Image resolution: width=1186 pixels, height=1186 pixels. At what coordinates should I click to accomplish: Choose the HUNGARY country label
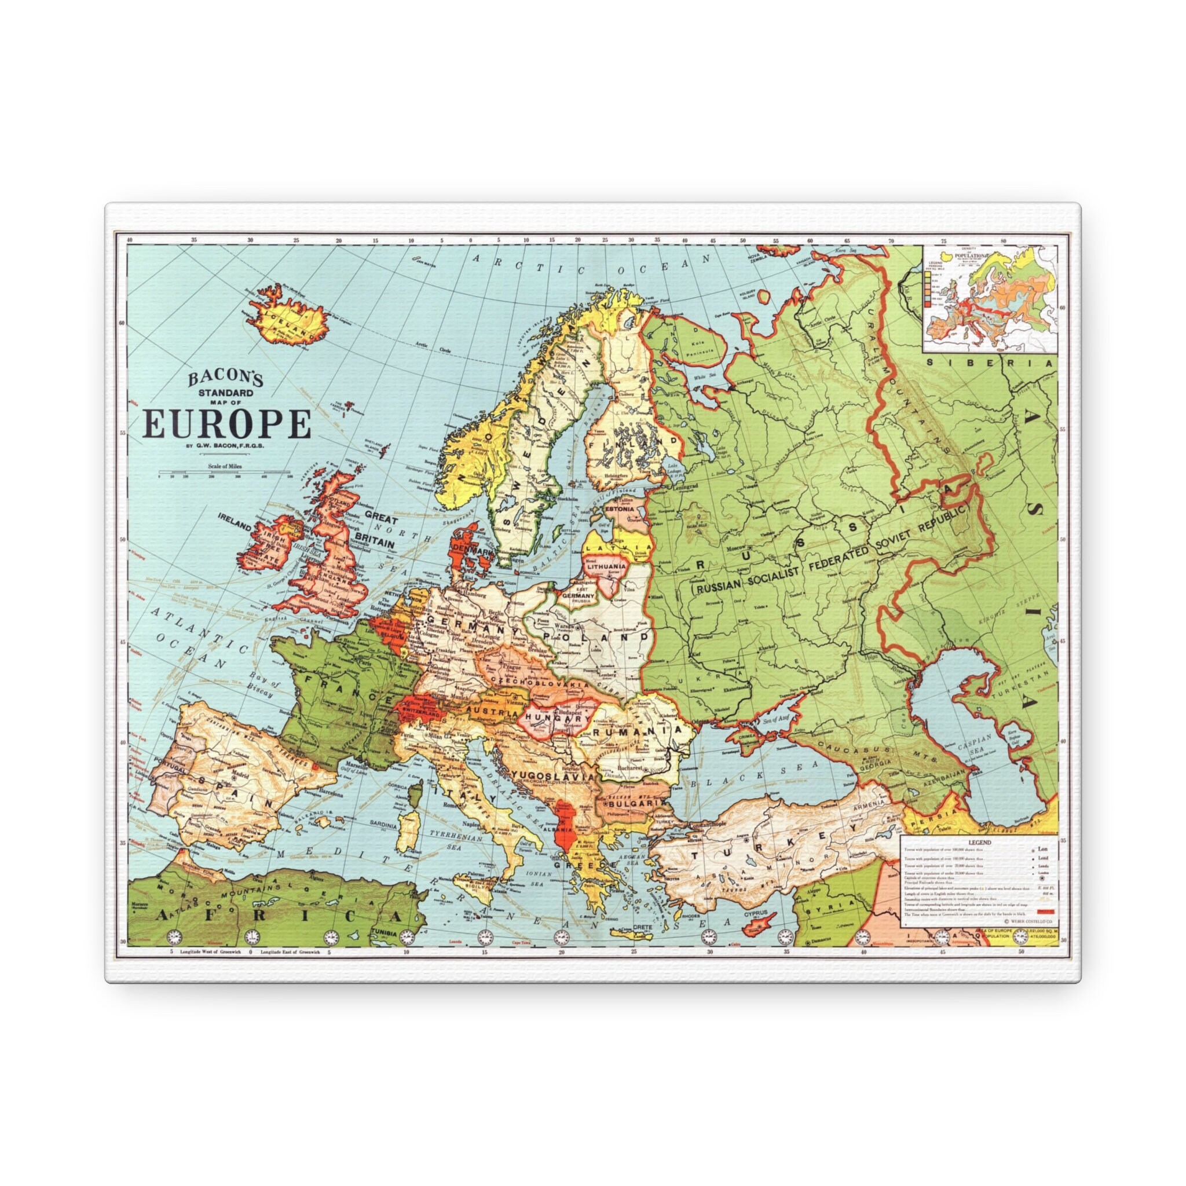[x=554, y=718]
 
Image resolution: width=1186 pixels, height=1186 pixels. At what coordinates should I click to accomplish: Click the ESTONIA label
[x=620, y=510]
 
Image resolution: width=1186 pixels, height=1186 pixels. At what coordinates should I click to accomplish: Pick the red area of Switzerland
[x=420, y=709]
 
